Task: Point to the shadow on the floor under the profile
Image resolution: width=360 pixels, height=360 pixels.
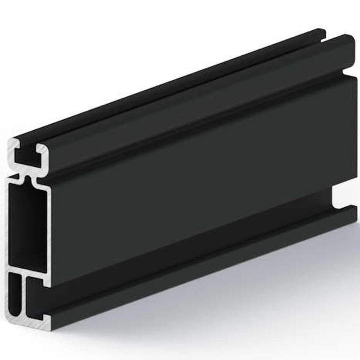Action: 227,303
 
